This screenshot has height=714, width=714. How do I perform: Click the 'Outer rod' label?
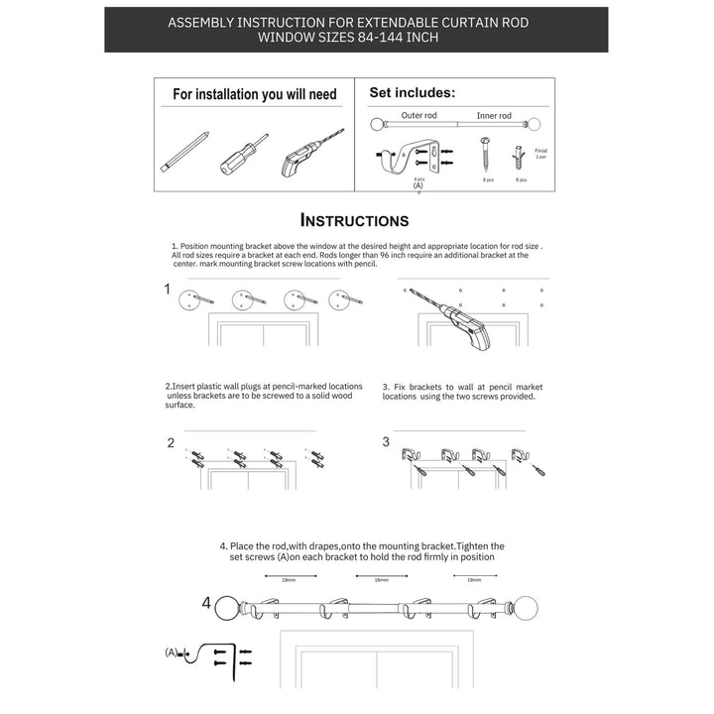point(418,115)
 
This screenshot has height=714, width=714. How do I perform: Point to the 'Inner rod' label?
point(494,115)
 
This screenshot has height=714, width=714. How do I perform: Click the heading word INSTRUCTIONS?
point(354,220)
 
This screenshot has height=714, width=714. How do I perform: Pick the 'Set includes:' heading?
point(413,92)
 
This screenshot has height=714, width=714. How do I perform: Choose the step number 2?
point(171,442)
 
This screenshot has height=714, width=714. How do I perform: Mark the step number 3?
point(386,442)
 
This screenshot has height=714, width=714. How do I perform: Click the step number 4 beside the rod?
point(206,602)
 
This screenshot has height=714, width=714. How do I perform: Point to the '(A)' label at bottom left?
point(173,653)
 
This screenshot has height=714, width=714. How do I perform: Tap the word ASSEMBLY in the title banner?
point(203,21)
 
